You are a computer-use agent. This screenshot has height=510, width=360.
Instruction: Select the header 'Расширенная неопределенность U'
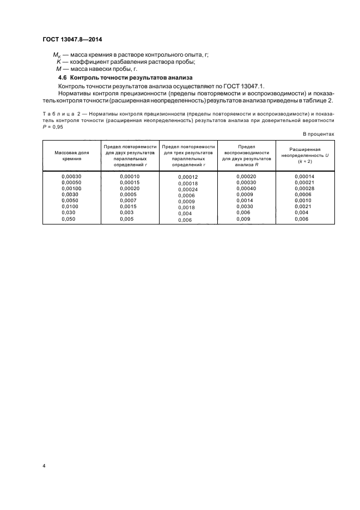click(304, 156)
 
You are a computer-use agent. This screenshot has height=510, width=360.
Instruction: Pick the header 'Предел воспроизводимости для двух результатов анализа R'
click(246, 156)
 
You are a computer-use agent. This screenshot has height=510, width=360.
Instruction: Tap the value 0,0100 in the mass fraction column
click(70, 207)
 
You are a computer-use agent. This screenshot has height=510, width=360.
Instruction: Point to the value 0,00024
click(188, 189)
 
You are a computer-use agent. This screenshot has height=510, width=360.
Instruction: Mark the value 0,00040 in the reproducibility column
click(246, 189)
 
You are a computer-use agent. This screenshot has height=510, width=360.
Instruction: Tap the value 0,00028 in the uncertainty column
click(304, 189)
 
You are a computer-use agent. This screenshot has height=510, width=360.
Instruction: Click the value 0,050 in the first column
click(69, 219)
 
